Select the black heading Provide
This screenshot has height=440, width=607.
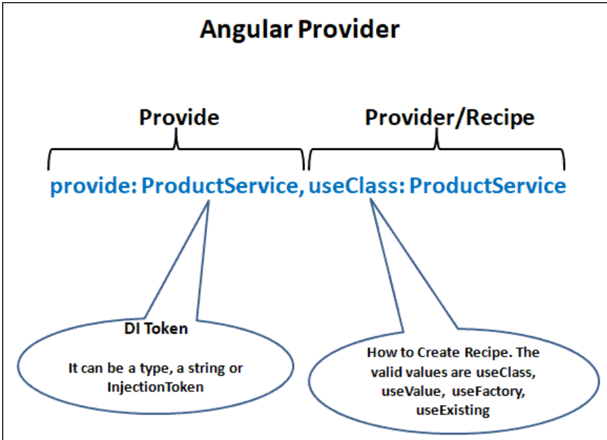pos(179,117)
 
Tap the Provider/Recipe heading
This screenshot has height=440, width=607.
pos(449,117)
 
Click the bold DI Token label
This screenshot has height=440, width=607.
pos(156,328)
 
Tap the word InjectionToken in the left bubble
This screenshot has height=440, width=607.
pos(155,387)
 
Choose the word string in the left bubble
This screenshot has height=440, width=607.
pos(210,368)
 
